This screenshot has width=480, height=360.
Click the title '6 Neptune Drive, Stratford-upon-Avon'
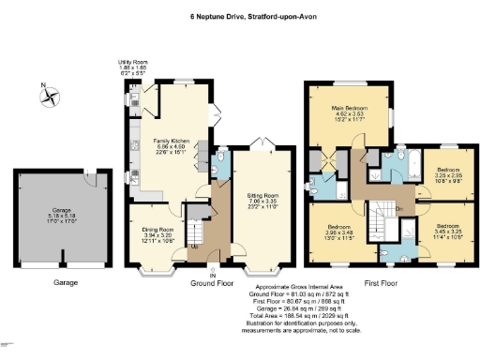coord(240,15)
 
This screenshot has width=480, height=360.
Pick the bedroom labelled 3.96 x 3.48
coord(338,231)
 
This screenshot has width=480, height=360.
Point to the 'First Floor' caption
coord(383,281)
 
